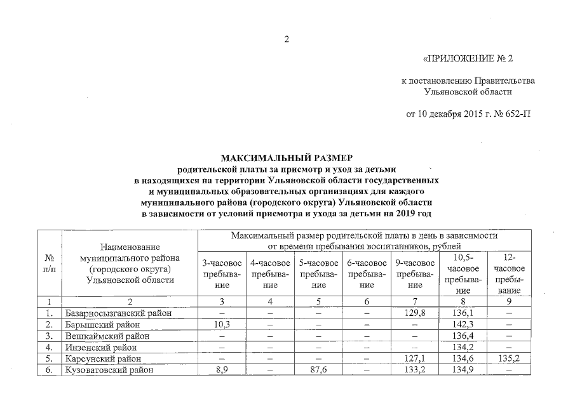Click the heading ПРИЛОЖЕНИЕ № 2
pyautogui.click(x=467, y=59)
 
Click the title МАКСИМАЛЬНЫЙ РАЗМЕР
pyautogui.click(x=286, y=157)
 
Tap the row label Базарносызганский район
pyautogui.click(x=118, y=313)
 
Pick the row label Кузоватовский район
pyautogui.click(x=109, y=370)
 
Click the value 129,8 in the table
pyautogui.click(x=414, y=313)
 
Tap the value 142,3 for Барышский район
pyautogui.click(x=463, y=325)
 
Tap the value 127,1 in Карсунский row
pyautogui.click(x=414, y=359)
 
